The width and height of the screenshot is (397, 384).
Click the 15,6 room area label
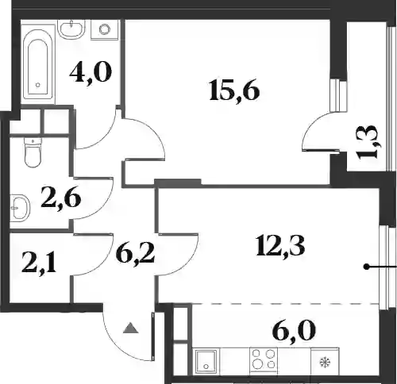click(x=234, y=90)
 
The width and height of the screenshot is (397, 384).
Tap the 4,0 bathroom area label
click(x=91, y=72)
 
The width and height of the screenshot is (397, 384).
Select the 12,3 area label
click(x=280, y=247)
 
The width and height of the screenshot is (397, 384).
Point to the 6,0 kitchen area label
click(x=294, y=330)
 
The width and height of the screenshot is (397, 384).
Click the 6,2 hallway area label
click(x=135, y=253)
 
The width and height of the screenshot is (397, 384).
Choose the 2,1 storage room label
click(x=39, y=263)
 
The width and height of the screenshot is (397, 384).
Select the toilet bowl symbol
click(x=33, y=152)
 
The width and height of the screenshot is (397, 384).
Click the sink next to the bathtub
click(x=71, y=29)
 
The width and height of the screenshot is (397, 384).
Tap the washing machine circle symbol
click(x=105, y=29)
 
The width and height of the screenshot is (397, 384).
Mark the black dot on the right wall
click(x=366, y=267)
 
